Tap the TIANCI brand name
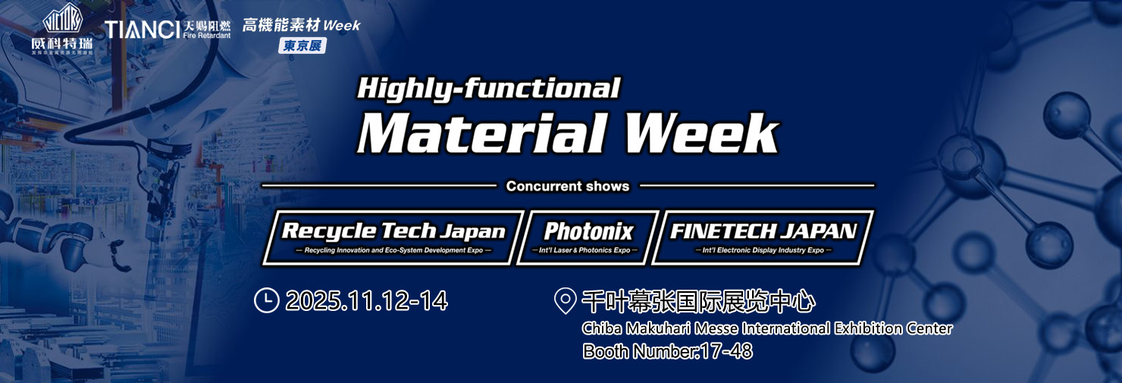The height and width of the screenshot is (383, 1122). (143, 30)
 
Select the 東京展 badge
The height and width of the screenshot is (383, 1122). (302, 46)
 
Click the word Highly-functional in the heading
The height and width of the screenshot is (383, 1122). (488, 89)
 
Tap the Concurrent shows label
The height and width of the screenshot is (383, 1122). (568, 186)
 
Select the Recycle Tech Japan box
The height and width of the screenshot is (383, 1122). (393, 237)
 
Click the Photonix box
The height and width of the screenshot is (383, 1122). (588, 237)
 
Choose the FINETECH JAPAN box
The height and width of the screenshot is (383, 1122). (763, 237)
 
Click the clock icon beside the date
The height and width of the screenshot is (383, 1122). (266, 301)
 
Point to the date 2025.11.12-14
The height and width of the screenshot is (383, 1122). (366, 301)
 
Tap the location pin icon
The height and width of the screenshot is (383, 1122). (565, 301)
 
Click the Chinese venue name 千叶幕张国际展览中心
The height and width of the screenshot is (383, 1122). (697, 303)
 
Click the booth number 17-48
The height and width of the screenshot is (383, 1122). (725, 351)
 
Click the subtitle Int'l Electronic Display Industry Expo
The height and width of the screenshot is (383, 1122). (763, 250)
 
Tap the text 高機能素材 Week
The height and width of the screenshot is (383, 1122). (301, 25)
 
